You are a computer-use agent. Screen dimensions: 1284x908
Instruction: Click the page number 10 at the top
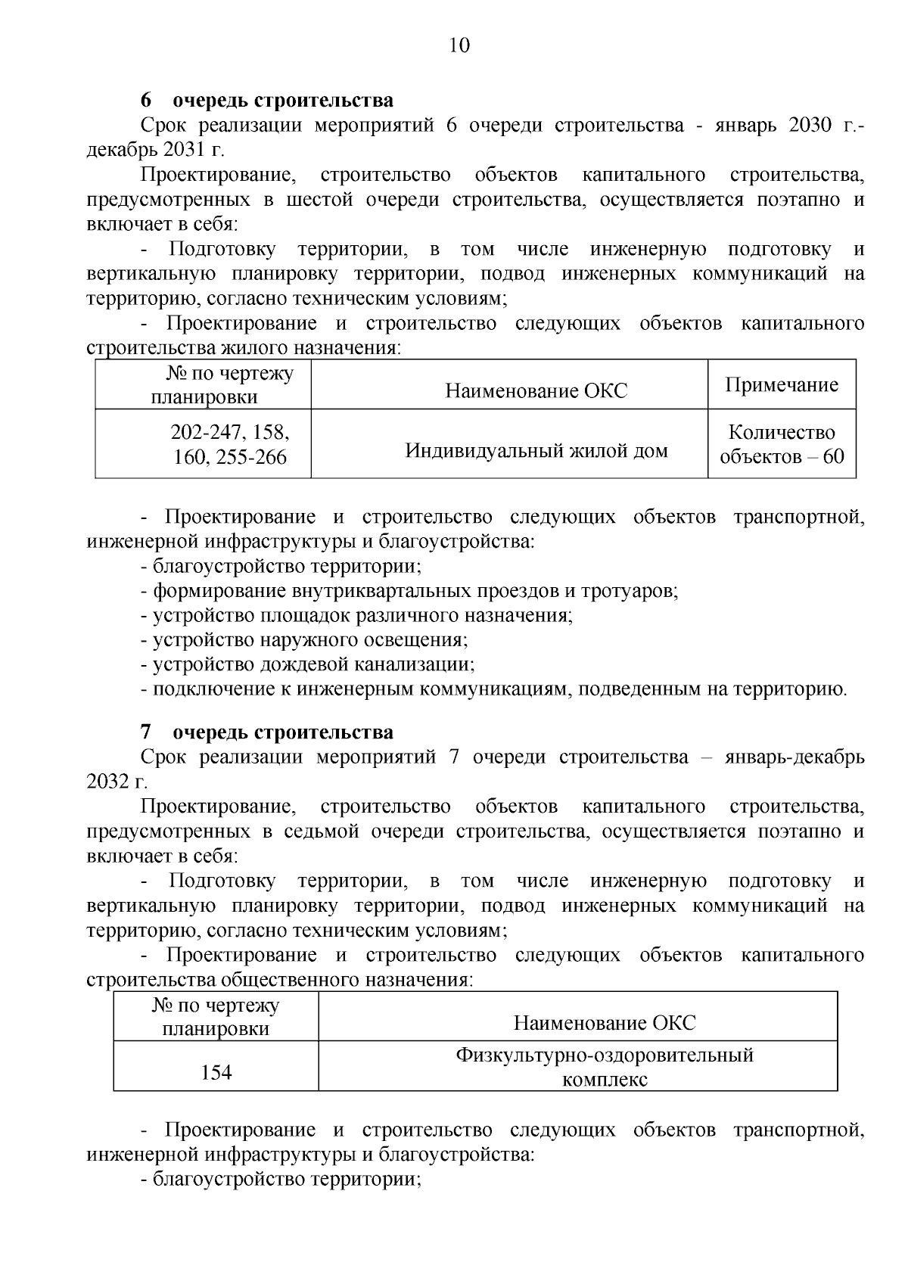(459, 45)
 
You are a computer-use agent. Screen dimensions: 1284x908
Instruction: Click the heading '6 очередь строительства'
(267, 101)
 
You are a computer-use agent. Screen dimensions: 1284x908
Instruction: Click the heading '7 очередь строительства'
(267, 732)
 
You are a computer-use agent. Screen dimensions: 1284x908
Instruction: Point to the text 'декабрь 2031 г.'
(145, 150)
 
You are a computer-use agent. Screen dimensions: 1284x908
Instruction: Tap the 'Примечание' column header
(782, 385)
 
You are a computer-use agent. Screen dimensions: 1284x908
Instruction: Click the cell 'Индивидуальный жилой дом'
(536, 451)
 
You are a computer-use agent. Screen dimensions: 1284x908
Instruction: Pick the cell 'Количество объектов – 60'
(782, 445)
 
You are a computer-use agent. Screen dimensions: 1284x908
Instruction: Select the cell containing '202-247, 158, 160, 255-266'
(230, 445)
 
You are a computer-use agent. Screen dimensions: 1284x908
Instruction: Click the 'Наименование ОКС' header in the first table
(536, 390)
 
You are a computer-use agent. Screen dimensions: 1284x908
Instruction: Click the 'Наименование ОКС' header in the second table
(605, 1023)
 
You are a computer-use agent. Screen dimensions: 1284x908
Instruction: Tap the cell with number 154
(216, 1072)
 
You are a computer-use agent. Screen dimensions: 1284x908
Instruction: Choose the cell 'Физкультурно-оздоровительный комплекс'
(605, 1067)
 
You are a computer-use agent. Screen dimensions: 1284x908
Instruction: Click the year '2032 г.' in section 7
(117, 782)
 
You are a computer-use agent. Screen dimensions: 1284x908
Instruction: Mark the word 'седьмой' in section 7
(322, 832)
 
